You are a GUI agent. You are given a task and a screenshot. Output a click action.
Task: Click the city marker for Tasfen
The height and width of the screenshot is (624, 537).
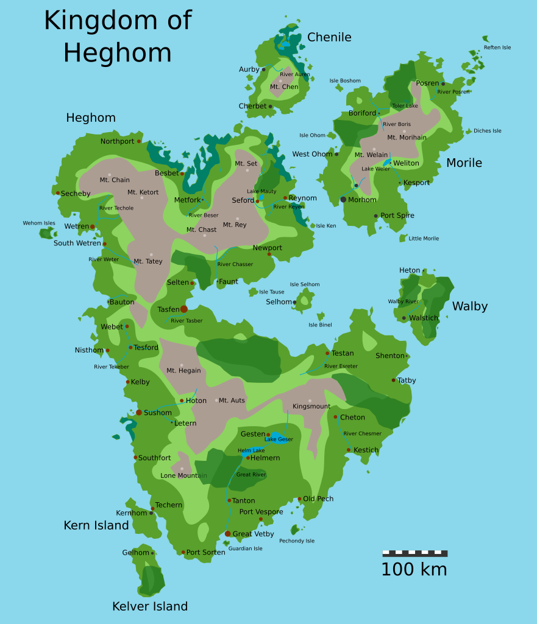coord(184,309)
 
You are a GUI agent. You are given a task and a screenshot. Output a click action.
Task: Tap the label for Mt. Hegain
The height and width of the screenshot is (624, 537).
coord(183,371)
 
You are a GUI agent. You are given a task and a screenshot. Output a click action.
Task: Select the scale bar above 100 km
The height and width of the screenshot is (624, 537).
coord(414,553)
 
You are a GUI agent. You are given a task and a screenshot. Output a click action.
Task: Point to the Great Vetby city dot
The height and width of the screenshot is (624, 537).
coord(227,534)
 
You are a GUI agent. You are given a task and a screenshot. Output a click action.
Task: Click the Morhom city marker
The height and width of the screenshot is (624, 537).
coord(343,200)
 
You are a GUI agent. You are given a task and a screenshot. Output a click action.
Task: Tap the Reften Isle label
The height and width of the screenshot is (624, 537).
coord(497,47)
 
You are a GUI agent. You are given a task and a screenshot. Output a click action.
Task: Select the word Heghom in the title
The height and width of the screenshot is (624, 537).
coord(117,52)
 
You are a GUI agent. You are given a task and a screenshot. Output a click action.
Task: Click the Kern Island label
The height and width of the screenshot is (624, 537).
coord(96,525)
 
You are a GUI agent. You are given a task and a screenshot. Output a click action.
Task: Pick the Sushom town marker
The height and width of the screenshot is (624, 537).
coord(139,413)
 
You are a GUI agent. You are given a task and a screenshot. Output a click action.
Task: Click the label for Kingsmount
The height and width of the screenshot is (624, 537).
coord(311,407)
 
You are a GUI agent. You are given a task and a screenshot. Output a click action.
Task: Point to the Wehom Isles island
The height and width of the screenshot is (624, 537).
coord(47,233)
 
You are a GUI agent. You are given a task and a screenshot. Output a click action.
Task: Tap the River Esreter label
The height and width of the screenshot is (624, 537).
coord(341,366)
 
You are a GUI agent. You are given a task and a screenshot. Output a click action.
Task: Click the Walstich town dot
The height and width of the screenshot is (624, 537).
coord(404,318)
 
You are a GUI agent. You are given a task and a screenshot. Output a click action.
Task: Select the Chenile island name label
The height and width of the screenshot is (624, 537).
coord(329,37)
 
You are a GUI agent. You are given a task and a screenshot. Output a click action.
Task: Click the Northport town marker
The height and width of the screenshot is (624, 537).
coord(139,141)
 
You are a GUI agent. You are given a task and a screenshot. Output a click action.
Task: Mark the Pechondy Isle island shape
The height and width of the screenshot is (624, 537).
coord(295,530)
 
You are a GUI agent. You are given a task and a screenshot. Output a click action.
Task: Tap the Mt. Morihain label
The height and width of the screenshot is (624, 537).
coord(407,138)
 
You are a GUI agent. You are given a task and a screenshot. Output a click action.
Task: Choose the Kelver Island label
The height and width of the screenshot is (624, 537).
coord(150,606)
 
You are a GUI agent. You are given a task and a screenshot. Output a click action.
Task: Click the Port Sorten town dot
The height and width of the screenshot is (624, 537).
coord(183,552)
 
